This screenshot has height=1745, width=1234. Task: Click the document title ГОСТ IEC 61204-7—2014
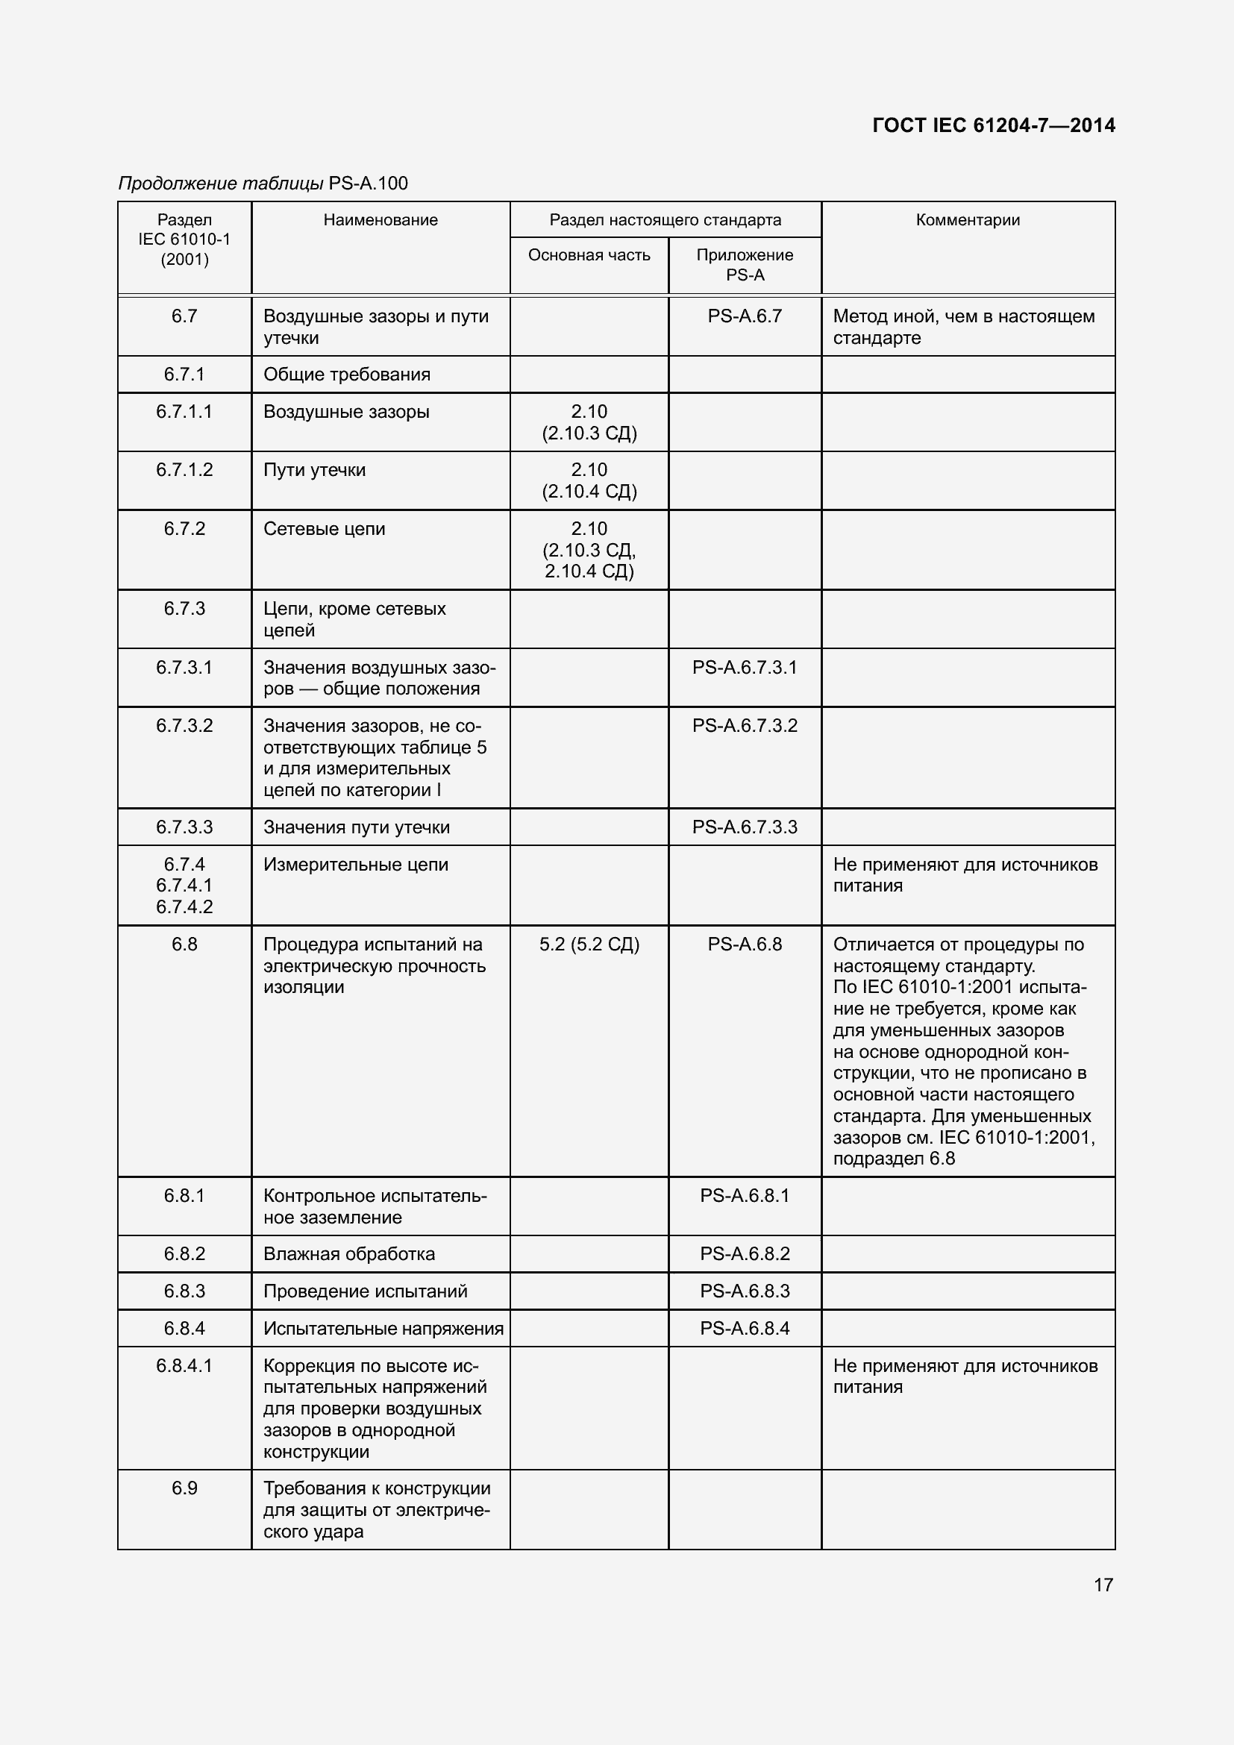[993, 125]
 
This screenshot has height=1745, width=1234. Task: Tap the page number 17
[1103, 1585]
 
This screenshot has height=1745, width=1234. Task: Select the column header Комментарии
[968, 220]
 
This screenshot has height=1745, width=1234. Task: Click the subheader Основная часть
[589, 255]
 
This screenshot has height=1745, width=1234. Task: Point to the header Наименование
[380, 220]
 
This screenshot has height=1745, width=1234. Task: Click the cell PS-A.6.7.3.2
[745, 726]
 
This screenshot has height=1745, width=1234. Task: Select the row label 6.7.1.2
[184, 470]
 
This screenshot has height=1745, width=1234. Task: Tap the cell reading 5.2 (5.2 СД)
[589, 944]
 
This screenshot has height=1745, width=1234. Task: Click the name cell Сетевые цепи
[325, 529]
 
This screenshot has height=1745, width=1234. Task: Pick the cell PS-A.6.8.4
[745, 1328]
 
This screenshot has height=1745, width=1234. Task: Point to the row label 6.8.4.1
[184, 1365]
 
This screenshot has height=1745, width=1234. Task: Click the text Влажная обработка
[348, 1253]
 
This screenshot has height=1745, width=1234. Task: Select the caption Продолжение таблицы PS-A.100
[263, 184]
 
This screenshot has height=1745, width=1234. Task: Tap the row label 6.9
[184, 1488]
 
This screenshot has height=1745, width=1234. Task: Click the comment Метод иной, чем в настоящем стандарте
[963, 327]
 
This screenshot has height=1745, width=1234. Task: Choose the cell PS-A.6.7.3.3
[745, 827]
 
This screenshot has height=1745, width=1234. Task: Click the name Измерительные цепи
[356, 864]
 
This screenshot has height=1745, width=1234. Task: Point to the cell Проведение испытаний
[365, 1291]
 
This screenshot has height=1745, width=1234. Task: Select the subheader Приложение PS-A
[745, 266]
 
